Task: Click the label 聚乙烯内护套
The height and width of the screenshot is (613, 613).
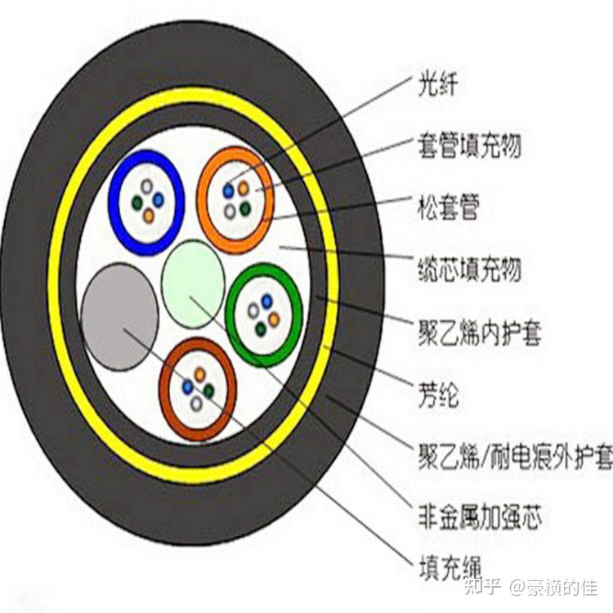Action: [x=479, y=333]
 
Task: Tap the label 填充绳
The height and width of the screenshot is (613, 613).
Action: [x=449, y=566]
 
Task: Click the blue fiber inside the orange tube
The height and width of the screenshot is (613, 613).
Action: [x=229, y=191]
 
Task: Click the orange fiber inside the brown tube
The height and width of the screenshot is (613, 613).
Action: [x=199, y=374]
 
